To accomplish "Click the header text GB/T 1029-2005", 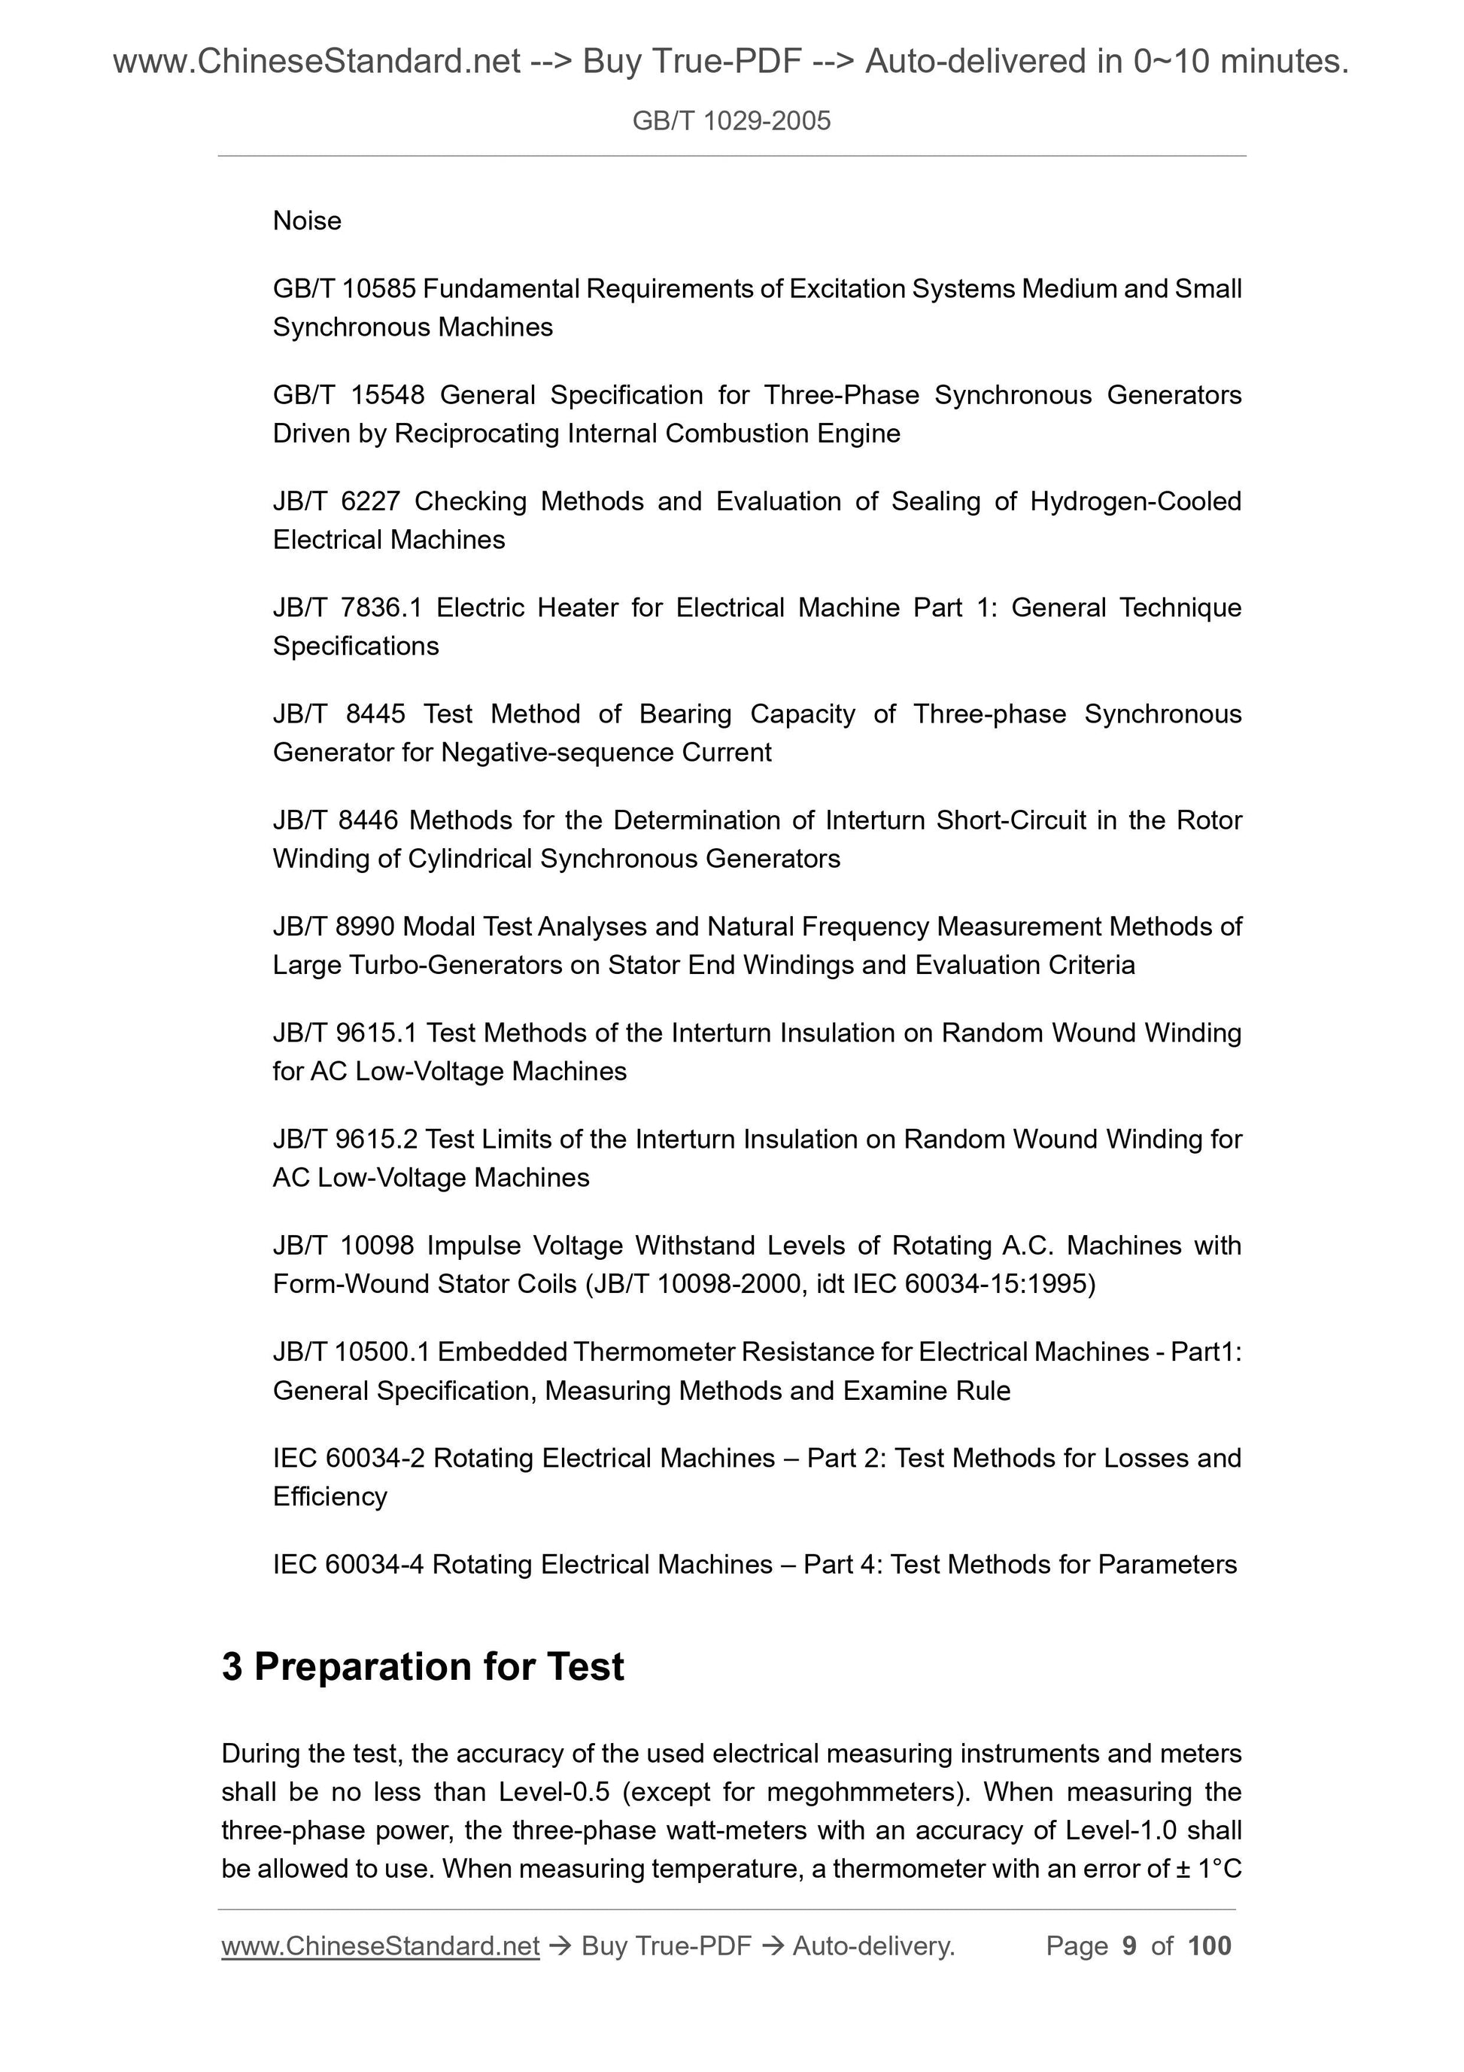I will click(x=730, y=121).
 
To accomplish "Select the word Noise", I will click(x=307, y=221).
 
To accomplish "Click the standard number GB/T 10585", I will click(x=344, y=289).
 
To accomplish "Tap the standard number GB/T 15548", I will click(x=348, y=395).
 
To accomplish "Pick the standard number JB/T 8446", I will click(x=335, y=820).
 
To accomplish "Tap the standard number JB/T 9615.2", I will click(x=345, y=1139).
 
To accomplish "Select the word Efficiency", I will click(x=330, y=1497).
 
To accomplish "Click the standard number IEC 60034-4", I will click(x=348, y=1565).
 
